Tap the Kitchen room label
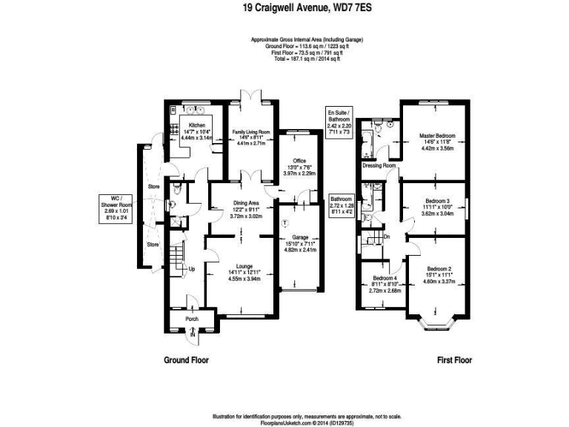196,125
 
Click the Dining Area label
244,202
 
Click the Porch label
191,320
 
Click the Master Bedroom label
436,136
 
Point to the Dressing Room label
379,166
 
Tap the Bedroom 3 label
437,201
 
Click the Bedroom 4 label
385,279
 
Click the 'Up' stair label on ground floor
192,269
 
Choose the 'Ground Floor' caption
186,360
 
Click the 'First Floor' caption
454,360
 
